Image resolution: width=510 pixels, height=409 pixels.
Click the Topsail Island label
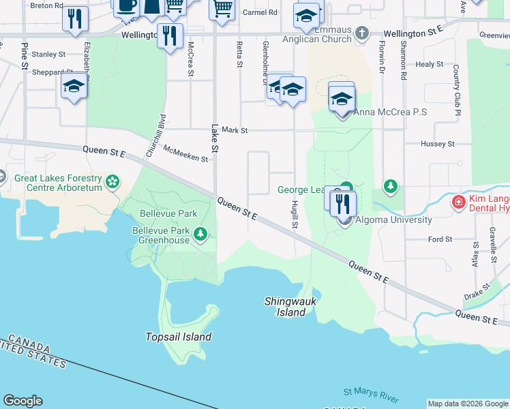pyautogui.click(x=178, y=337)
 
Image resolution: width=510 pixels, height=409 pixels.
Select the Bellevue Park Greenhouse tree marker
pyautogui.click(x=200, y=234)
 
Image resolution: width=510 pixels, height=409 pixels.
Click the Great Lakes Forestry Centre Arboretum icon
pyautogui.click(x=112, y=182)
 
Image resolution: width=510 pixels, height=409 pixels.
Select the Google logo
pyautogui.click(x=22, y=401)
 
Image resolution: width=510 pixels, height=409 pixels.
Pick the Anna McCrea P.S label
pyautogui.click(x=391, y=112)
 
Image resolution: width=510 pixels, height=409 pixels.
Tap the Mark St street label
pyautogui.click(x=234, y=130)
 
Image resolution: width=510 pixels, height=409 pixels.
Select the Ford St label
pyautogui.click(x=440, y=239)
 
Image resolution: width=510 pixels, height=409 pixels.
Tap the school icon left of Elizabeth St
pyautogui.click(x=74, y=87)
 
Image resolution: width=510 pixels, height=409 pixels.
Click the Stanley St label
pyautogui.click(x=48, y=54)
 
